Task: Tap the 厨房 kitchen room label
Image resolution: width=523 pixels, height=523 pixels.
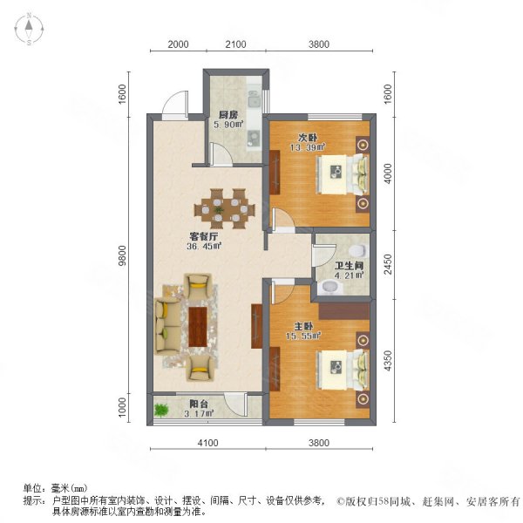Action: point(228,114)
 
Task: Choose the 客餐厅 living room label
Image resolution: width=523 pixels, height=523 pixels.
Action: point(205,234)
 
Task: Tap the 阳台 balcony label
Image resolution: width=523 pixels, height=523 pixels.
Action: point(199,404)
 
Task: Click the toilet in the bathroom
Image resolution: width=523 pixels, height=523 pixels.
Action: point(330,286)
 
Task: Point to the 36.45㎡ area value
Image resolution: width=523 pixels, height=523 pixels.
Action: point(204,246)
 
